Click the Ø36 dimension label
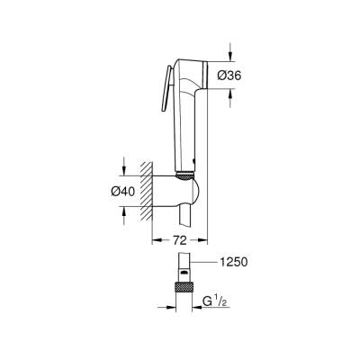pyautogui.click(x=229, y=76)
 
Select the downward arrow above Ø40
pyautogui.click(x=123, y=167)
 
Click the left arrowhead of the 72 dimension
pyautogui.click(x=153, y=242)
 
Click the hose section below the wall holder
pyautogui.click(x=186, y=220)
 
